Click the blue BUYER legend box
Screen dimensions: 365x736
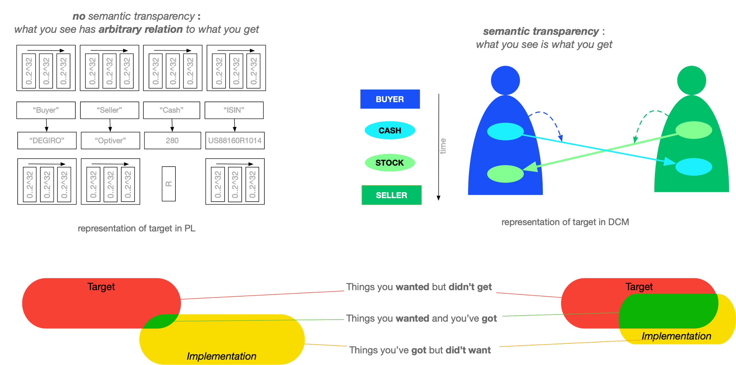click(390, 99)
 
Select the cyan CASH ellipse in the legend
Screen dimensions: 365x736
click(390, 130)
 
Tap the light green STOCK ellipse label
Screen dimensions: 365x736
click(389, 163)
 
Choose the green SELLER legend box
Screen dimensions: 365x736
click(391, 195)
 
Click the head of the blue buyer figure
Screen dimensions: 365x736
click(505, 80)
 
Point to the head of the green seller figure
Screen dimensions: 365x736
click(692, 80)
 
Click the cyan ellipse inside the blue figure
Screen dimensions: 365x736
click(505, 131)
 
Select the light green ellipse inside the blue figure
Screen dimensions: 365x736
click(505, 174)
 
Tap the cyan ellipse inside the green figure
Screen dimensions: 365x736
click(694, 167)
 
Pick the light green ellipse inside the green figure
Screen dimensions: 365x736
click(694, 130)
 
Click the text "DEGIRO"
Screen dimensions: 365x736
click(47, 141)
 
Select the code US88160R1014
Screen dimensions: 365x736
click(235, 141)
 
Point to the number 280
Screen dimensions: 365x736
click(172, 141)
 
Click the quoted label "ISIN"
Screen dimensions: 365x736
click(234, 110)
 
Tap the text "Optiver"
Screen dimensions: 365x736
click(110, 141)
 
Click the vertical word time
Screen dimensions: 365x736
click(442, 146)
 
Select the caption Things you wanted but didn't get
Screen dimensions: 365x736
click(419, 287)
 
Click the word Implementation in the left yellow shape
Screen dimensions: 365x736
click(221, 356)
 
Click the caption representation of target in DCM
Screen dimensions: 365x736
click(565, 222)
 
